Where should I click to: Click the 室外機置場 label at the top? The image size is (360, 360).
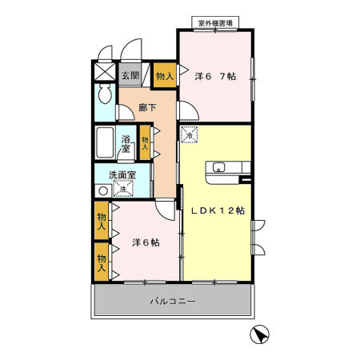pos(213,23)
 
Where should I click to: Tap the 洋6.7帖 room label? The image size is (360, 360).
pos(215,76)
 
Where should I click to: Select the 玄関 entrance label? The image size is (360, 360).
pos(130,76)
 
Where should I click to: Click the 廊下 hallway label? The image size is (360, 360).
pos(146,106)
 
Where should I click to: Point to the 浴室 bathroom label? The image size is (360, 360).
pos(126,145)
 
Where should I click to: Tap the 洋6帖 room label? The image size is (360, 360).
pos(145,242)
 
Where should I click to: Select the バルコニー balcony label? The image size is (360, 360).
pos(174,301)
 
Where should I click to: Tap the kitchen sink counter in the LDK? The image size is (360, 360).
pos(229,167)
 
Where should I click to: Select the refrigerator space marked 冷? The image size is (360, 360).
pos(190,135)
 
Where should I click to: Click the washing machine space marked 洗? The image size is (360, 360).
pos(124,190)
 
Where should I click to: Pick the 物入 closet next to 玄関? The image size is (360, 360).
pos(164,76)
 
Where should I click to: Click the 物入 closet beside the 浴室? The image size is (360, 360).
pos(145,143)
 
